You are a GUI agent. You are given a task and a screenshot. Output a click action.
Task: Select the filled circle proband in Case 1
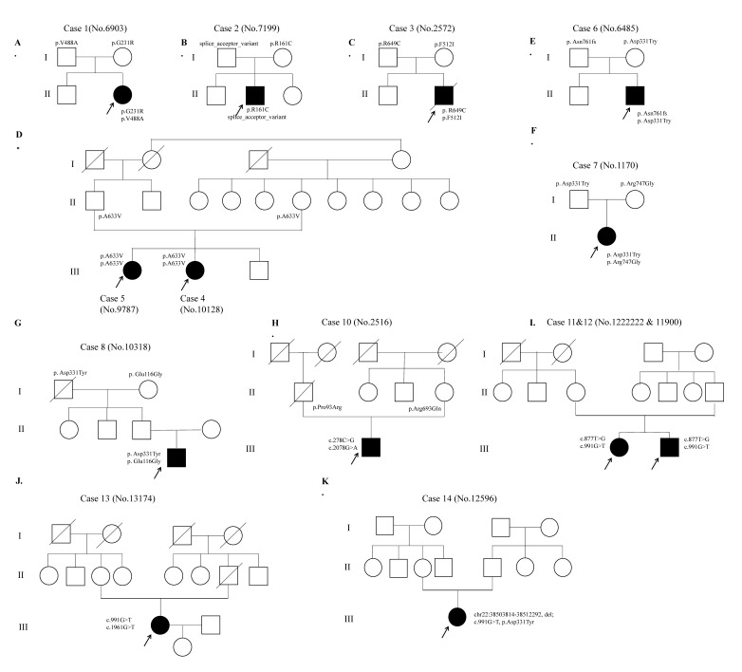tap(122, 94)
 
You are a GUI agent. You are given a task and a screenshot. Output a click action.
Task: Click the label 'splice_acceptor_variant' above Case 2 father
tap(226, 43)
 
